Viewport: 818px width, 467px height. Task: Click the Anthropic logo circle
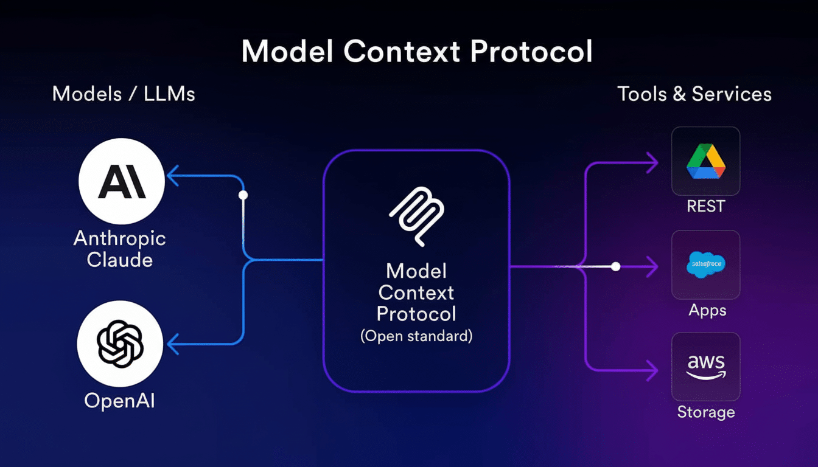[x=122, y=181]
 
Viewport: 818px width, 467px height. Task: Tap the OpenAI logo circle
[x=120, y=343]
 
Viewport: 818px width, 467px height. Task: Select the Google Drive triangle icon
[x=705, y=161]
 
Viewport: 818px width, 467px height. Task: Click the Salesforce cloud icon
[x=705, y=265]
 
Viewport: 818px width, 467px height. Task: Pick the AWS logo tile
[x=705, y=367]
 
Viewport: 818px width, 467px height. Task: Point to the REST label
[x=705, y=206]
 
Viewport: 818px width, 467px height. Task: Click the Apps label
[x=707, y=310]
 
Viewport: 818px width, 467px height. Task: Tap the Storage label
[x=706, y=412]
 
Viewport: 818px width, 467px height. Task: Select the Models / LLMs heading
[x=124, y=94]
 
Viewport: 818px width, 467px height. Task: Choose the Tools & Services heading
[x=694, y=94]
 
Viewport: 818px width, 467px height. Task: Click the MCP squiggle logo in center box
[x=416, y=216]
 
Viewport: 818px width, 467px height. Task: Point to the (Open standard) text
[x=416, y=336]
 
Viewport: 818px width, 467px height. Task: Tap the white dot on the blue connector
[x=243, y=195]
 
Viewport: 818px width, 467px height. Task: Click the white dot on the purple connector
[x=615, y=266]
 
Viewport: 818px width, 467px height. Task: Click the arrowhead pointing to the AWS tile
[x=652, y=369]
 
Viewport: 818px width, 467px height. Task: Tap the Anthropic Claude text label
[x=120, y=249]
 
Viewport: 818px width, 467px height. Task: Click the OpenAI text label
[x=119, y=400]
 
